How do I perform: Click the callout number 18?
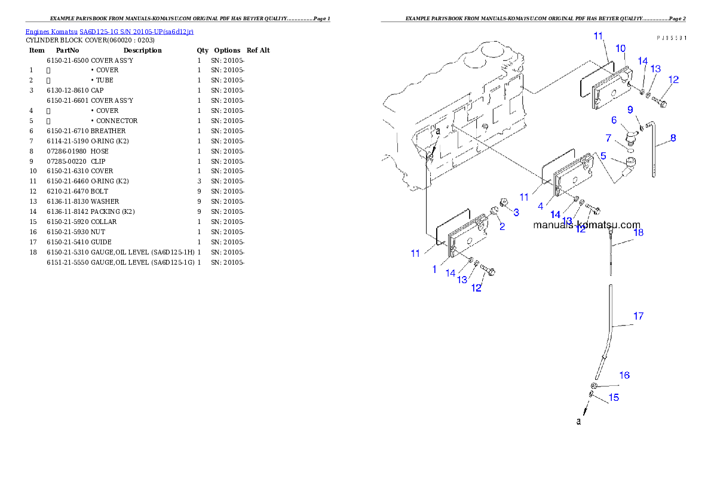click(638, 232)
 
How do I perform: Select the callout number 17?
click(638, 316)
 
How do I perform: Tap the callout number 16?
click(624, 375)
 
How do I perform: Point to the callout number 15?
click(614, 397)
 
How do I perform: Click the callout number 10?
click(620, 48)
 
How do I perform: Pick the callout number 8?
click(673, 138)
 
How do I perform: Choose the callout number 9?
click(630, 109)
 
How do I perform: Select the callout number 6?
click(614, 120)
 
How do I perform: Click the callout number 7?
click(608, 138)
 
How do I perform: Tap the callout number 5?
click(603, 156)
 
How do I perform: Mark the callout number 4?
click(540, 206)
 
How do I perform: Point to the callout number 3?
click(516, 212)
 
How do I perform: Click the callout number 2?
click(502, 226)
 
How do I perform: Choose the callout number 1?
click(434, 269)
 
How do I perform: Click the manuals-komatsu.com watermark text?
click(586, 225)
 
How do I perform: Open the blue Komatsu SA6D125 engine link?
click(109, 31)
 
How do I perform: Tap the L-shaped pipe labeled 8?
click(656, 149)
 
